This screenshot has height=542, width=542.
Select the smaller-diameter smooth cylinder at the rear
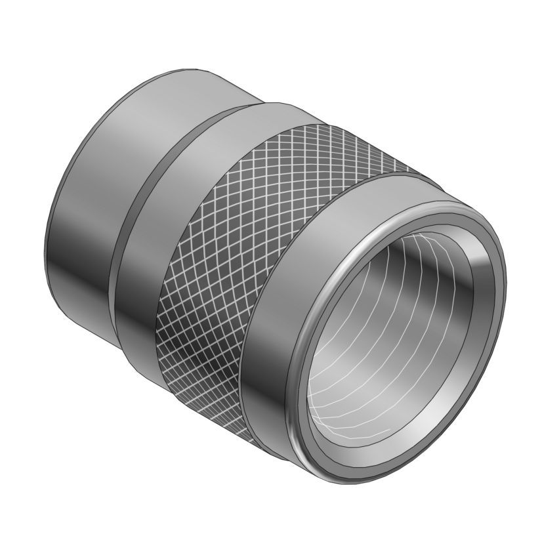[98, 197]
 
